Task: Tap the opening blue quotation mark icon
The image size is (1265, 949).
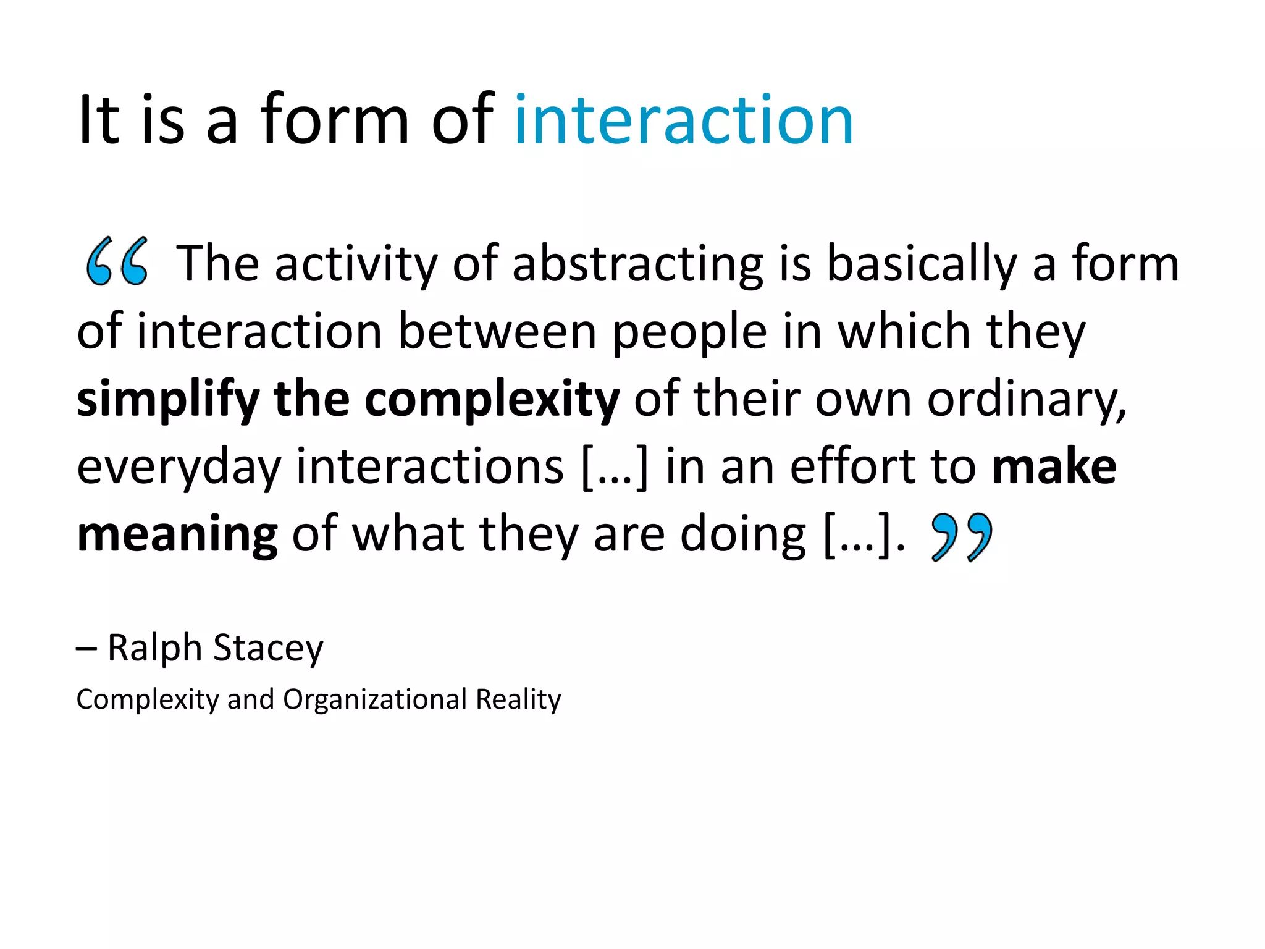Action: click(x=117, y=262)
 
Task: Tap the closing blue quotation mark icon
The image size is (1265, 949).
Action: click(x=961, y=536)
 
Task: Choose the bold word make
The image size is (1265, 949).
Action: click(x=1054, y=466)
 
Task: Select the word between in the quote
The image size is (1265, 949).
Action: click(x=497, y=332)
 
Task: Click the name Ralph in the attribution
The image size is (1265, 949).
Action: click(x=155, y=648)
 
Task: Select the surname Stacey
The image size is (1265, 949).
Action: click(x=268, y=649)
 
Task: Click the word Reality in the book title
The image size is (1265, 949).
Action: click(x=518, y=699)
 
